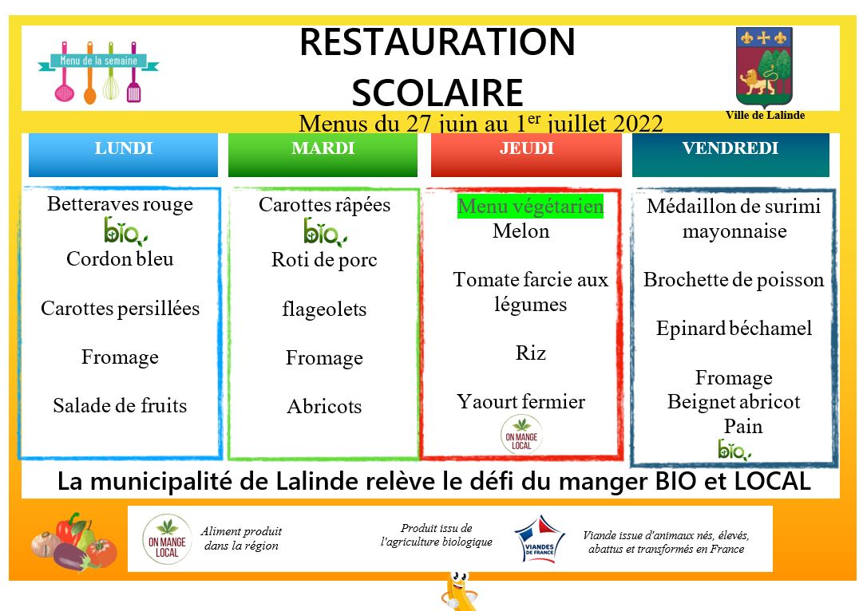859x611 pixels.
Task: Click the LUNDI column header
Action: [x=123, y=155]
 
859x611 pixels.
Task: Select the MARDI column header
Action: [x=323, y=155]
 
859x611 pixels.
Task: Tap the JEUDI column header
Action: [x=526, y=155]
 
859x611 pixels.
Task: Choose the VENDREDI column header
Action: [x=730, y=155]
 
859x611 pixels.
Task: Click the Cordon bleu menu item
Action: [x=120, y=259]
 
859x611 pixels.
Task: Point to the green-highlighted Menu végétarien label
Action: [x=530, y=207]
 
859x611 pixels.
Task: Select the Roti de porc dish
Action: [x=324, y=260]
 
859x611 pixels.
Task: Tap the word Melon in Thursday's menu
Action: [x=521, y=231]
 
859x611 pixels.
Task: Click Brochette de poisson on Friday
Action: [x=734, y=280]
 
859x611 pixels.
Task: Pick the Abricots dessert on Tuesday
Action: [x=324, y=406]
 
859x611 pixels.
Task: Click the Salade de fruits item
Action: [x=120, y=406]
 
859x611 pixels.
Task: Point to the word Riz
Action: [x=530, y=353]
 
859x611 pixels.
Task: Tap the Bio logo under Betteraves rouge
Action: [x=125, y=231]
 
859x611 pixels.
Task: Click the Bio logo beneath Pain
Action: [x=734, y=450]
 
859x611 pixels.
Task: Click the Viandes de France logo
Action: [x=540, y=538]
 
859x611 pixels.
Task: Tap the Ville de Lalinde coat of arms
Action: [x=764, y=67]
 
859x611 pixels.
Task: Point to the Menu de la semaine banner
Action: [x=98, y=72]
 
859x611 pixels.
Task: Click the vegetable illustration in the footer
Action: [x=74, y=542]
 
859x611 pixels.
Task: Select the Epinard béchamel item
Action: [x=734, y=329]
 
